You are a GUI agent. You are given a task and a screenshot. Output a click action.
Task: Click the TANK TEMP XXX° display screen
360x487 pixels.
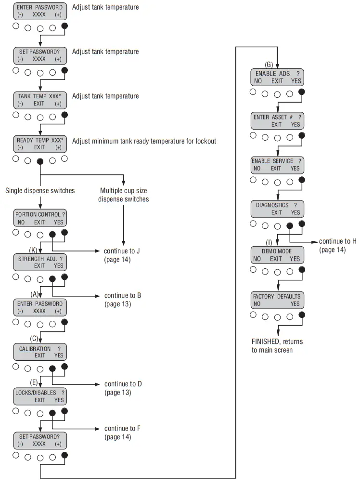[x=40, y=100]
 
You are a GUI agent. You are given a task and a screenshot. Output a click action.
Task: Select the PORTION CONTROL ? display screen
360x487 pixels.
[x=40, y=218]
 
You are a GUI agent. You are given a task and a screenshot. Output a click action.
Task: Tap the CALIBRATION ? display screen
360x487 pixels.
[x=40, y=352]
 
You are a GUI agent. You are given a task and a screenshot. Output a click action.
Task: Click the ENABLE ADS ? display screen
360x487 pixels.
[x=277, y=77]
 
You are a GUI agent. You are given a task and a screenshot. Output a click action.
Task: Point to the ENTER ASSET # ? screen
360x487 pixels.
[x=277, y=120]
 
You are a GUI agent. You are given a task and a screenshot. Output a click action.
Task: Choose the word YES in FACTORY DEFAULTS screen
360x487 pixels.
[x=295, y=304]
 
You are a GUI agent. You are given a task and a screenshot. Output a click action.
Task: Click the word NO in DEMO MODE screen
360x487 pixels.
[x=257, y=259]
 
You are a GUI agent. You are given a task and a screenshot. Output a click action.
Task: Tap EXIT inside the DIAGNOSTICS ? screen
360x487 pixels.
[x=276, y=212]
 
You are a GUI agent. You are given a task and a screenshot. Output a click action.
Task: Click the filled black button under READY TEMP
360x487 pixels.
[x=40, y=161]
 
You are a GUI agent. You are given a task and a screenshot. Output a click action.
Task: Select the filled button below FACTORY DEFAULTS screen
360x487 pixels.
[x=302, y=316]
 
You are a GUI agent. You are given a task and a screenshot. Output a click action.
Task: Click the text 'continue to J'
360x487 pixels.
[x=122, y=251]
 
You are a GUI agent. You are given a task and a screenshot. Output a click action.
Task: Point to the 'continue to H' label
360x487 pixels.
[x=337, y=241]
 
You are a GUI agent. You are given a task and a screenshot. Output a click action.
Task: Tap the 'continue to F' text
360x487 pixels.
[x=122, y=428]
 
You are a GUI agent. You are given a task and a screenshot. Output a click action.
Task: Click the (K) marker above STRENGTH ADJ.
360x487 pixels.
[x=33, y=250]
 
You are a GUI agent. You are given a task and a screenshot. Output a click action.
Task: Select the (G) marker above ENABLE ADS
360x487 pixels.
[x=269, y=64]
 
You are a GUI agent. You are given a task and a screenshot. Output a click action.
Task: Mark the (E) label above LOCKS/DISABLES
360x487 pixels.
[x=34, y=382]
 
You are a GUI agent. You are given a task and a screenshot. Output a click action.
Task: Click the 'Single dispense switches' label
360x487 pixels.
[x=40, y=191]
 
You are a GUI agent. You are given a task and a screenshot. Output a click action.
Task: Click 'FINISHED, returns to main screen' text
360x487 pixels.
[x=277, y=345]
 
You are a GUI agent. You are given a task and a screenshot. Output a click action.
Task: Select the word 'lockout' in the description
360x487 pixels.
[x=205, y=141]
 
